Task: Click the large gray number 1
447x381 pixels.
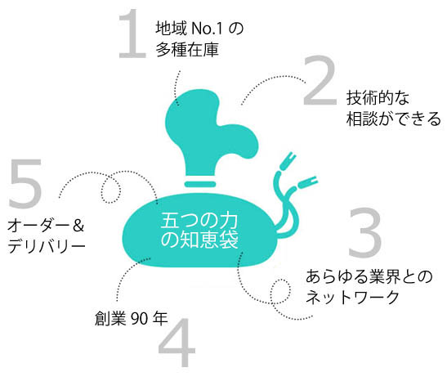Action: coord(132,34)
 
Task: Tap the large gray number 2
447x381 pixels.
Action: coord(320,81)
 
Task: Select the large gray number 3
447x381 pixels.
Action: coord(365,232)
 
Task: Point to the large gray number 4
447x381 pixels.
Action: coord(177,343)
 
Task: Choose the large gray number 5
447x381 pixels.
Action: coord(25,183)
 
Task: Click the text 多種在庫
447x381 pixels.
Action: coord(187,50)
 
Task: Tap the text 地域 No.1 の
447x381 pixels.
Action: coord(199,29)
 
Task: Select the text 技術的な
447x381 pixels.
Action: coord(378,98)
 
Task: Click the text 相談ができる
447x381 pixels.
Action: coord(393,119)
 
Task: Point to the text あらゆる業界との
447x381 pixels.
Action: coord(369,276)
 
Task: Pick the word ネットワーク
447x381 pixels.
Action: coord(352,297)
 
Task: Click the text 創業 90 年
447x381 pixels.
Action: coord(131,319)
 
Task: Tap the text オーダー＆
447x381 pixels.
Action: coord(46,226)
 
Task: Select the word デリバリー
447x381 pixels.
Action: coord(47,246)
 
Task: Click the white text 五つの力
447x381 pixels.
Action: coord(199,221)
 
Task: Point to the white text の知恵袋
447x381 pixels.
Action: coord(199,240)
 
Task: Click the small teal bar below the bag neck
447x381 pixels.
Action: coord(200,184)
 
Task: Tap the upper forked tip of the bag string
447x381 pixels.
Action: coord(289,160)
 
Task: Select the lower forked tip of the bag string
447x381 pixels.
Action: coord(307,182)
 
